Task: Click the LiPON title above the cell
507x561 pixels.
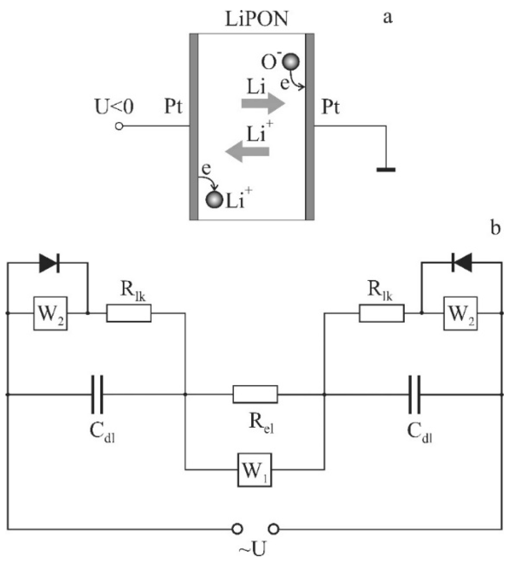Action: point(256,18)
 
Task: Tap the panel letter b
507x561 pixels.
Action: point(495,228)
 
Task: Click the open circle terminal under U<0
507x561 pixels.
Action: point(119,126)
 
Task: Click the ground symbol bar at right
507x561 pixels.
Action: point(386,169)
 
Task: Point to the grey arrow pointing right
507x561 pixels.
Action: point(263,104)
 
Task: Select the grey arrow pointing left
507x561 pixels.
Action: point(248,151)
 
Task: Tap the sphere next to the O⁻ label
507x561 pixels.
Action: point(290,61)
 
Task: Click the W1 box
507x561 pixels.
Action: point(255,470)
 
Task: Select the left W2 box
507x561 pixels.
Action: point(50,313)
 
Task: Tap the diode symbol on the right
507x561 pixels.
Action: point(461,263)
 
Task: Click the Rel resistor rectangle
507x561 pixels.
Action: point(255,394)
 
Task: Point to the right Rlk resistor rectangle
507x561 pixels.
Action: point(382,313)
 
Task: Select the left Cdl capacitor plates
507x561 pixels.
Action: point(97,394)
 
